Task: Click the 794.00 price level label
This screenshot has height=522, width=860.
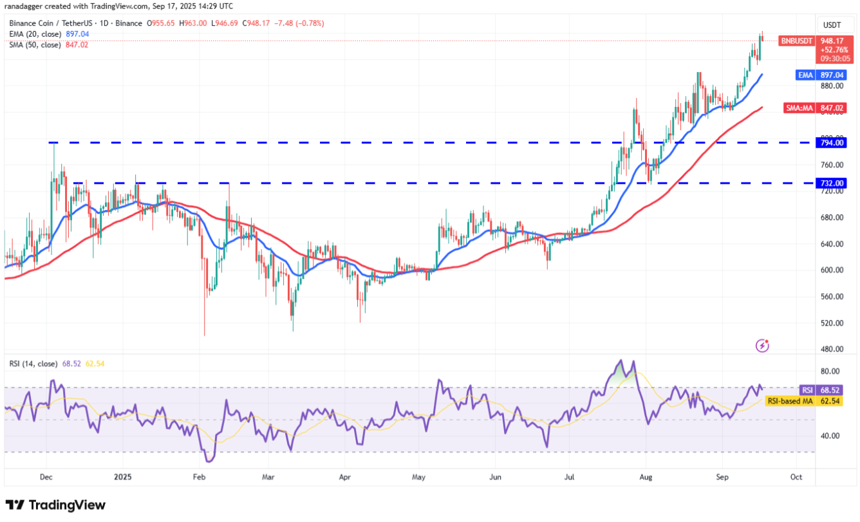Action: coord(831,143)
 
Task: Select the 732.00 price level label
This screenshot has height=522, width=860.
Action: coord(831,183)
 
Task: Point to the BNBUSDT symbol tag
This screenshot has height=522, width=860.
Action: coord(797,41)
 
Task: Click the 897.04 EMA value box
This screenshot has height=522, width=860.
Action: coord(831,75)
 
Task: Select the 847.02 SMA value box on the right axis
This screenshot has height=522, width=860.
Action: coord(831,108)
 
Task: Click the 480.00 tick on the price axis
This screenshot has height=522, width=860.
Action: coord(831,350)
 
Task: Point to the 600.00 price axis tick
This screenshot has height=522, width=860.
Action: coord(831,270)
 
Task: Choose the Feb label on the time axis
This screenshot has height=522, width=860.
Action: coord(199,477)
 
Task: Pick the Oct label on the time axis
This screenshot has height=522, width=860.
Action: coord(796,477)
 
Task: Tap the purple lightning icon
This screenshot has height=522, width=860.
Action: coord(762,346)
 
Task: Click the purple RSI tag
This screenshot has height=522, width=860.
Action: coord(807,390)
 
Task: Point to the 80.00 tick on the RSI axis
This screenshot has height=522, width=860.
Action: coord(830,371)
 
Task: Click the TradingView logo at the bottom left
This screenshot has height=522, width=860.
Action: coord(55,505)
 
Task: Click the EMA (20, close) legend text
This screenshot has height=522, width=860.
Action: coord(36,34)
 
